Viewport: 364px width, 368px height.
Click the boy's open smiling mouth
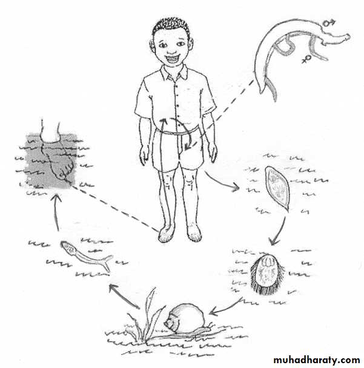pyautogui.click(x=173, y=57)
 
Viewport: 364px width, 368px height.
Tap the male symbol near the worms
pyautogui.click(x=329, y=22)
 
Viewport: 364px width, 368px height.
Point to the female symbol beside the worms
pyautogui.click(x=306, y=59)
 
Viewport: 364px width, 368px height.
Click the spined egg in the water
pyautogui.click(x=277, y=188)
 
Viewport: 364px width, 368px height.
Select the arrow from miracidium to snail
pyautogui.click(x=225, y=308)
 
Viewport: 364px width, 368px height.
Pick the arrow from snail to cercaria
pyautogui.click(x=124, y=296)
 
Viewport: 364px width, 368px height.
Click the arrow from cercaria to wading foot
pyautogui.click(x=56, y=211)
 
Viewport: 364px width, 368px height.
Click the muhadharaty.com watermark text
pyautogui.click(x=317, y=360)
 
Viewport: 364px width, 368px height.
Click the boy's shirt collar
pyautogui.click(x=174, y=71)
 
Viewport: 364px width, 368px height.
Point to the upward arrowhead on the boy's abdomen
pyautogui.click(x=163, y=121)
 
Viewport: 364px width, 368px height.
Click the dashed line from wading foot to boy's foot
pyautogui.click(x=116, y=208)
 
